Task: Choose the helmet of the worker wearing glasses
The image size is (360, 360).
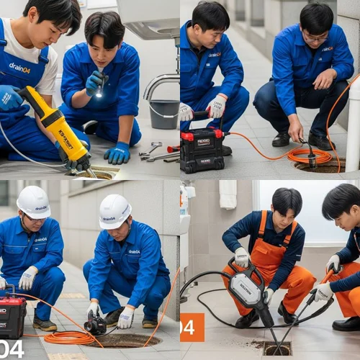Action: (x=33, y=202)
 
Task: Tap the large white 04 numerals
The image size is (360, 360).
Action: (x=12, y=349)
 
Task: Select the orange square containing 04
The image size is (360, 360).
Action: (x=192, y=327)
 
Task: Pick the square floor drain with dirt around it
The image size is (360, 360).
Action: (x=277, y=348)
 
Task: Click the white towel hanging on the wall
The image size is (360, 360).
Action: (x=228, y=194)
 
